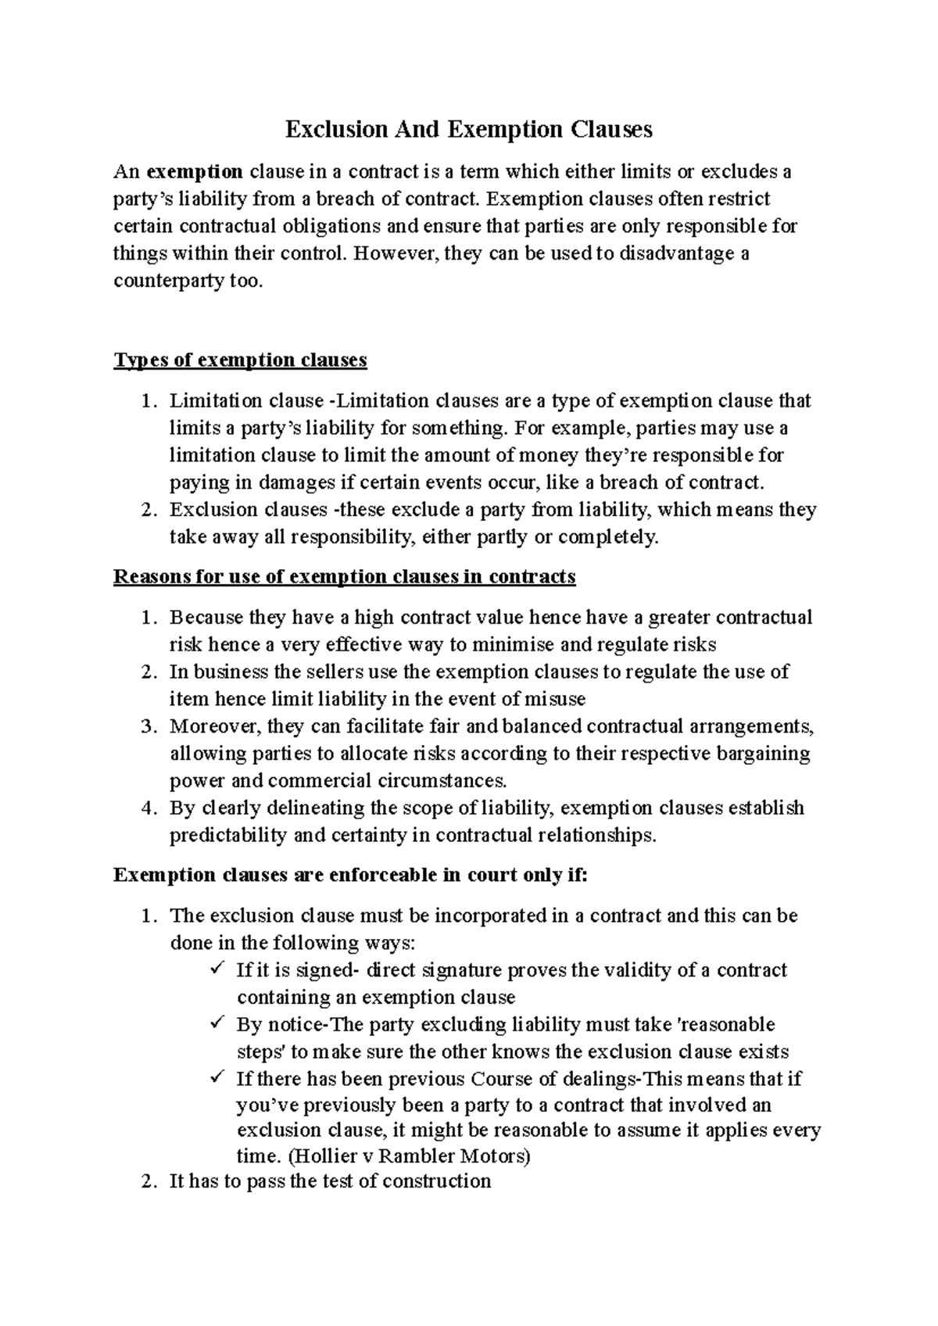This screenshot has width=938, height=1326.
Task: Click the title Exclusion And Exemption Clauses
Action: pyautogui.click(x=468, y=129)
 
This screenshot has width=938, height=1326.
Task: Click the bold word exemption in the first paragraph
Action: pyautogui.click(x=195, y=172)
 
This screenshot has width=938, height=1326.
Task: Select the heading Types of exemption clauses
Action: pyautogui.click(x=240, y=360)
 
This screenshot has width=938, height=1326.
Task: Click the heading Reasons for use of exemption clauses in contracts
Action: pyautogui.click(x=344, y=577)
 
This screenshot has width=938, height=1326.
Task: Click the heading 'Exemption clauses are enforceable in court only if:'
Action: pyautogui.click(x=349, y=875)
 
